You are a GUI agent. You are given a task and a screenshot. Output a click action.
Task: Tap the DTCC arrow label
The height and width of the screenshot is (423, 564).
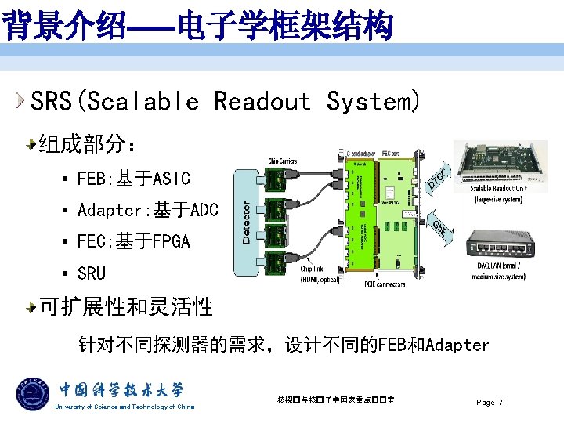point(439,178)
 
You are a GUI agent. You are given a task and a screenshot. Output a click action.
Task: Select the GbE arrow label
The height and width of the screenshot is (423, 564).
point(440,226)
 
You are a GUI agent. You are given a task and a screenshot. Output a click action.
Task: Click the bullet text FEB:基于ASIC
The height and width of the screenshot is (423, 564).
point(133,179)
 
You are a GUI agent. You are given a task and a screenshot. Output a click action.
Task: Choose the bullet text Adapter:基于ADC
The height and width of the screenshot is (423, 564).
point(147,210)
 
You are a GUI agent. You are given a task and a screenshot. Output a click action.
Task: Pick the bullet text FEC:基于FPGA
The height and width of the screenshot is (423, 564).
point(133,241)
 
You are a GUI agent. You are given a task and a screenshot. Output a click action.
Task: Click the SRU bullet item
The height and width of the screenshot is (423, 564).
point(91,273)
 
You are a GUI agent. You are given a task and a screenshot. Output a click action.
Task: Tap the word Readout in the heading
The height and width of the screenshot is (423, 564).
point(262,101)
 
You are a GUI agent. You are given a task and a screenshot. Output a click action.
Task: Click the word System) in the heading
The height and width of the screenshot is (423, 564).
point(373,101)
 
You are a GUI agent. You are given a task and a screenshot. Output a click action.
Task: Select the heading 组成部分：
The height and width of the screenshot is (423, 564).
point(89,144)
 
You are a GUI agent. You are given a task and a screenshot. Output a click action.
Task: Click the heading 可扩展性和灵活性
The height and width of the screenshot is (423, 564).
point(125,307)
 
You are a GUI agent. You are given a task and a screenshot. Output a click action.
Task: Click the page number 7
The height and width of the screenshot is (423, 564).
point(500,402)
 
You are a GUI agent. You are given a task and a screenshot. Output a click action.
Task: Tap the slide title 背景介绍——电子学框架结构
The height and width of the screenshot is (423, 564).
point(196,27)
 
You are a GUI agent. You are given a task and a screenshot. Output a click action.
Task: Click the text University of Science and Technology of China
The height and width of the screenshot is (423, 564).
point(124,407)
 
